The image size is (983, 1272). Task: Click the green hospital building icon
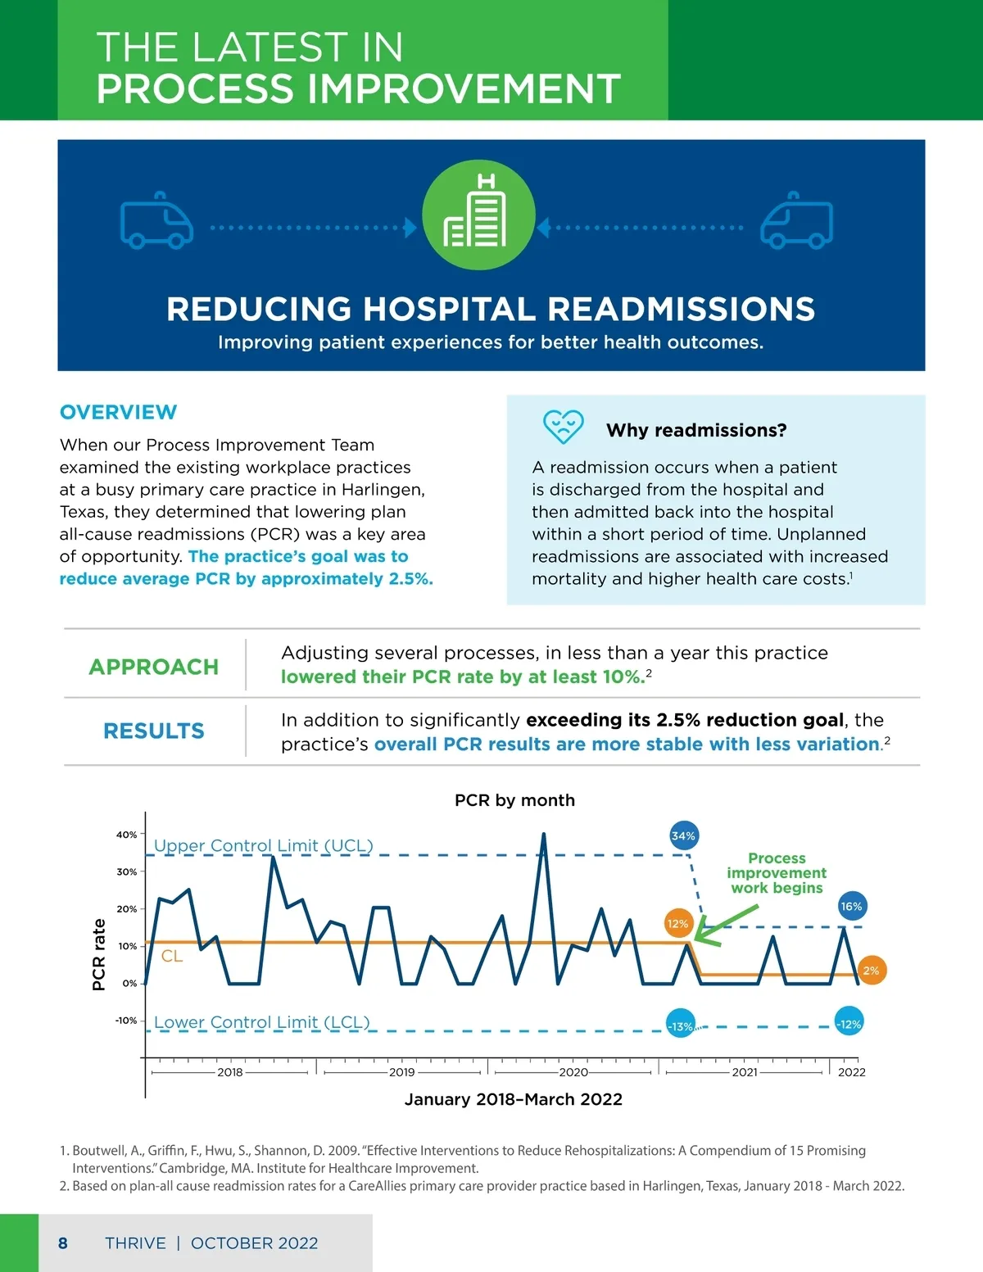[478, 215]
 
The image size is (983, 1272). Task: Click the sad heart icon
[564, 426]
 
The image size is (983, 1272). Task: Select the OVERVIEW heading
[118, 412]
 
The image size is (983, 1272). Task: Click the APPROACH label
[154, 667]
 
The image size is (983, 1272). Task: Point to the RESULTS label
[154, 731]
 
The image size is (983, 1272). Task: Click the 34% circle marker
[683, 836]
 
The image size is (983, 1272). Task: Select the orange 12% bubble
[677, 923]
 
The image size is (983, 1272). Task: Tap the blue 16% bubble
[851, 906]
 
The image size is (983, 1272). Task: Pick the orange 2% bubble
[871, 971]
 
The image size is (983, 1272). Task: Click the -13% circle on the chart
[680, 1025]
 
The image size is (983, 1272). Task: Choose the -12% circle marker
[849, 1024]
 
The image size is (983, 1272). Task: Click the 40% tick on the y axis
[127, 835]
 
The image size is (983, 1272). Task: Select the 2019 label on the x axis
[401, 1072]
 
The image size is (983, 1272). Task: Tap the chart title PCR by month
[514, 800]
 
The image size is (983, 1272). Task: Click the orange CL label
[172, 956]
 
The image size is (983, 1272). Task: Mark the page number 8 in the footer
[63, 1243]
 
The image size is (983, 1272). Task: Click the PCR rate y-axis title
[99, 954]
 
